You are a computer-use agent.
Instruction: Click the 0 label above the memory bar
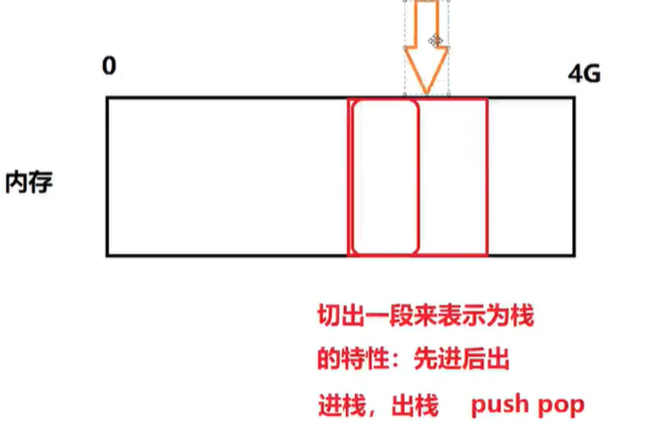[109, 66]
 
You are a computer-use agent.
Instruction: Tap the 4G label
[584, 75]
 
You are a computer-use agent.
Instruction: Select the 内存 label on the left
[29, 183]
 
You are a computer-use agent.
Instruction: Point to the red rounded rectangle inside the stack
[384, 177]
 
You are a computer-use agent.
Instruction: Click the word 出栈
[415, 405]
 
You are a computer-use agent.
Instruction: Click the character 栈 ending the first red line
[522, 317]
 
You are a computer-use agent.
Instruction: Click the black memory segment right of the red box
[531, 177]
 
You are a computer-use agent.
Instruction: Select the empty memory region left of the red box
[227, 177]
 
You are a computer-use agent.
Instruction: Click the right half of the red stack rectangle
[452, 177]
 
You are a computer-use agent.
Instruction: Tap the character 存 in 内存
[42, 183]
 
